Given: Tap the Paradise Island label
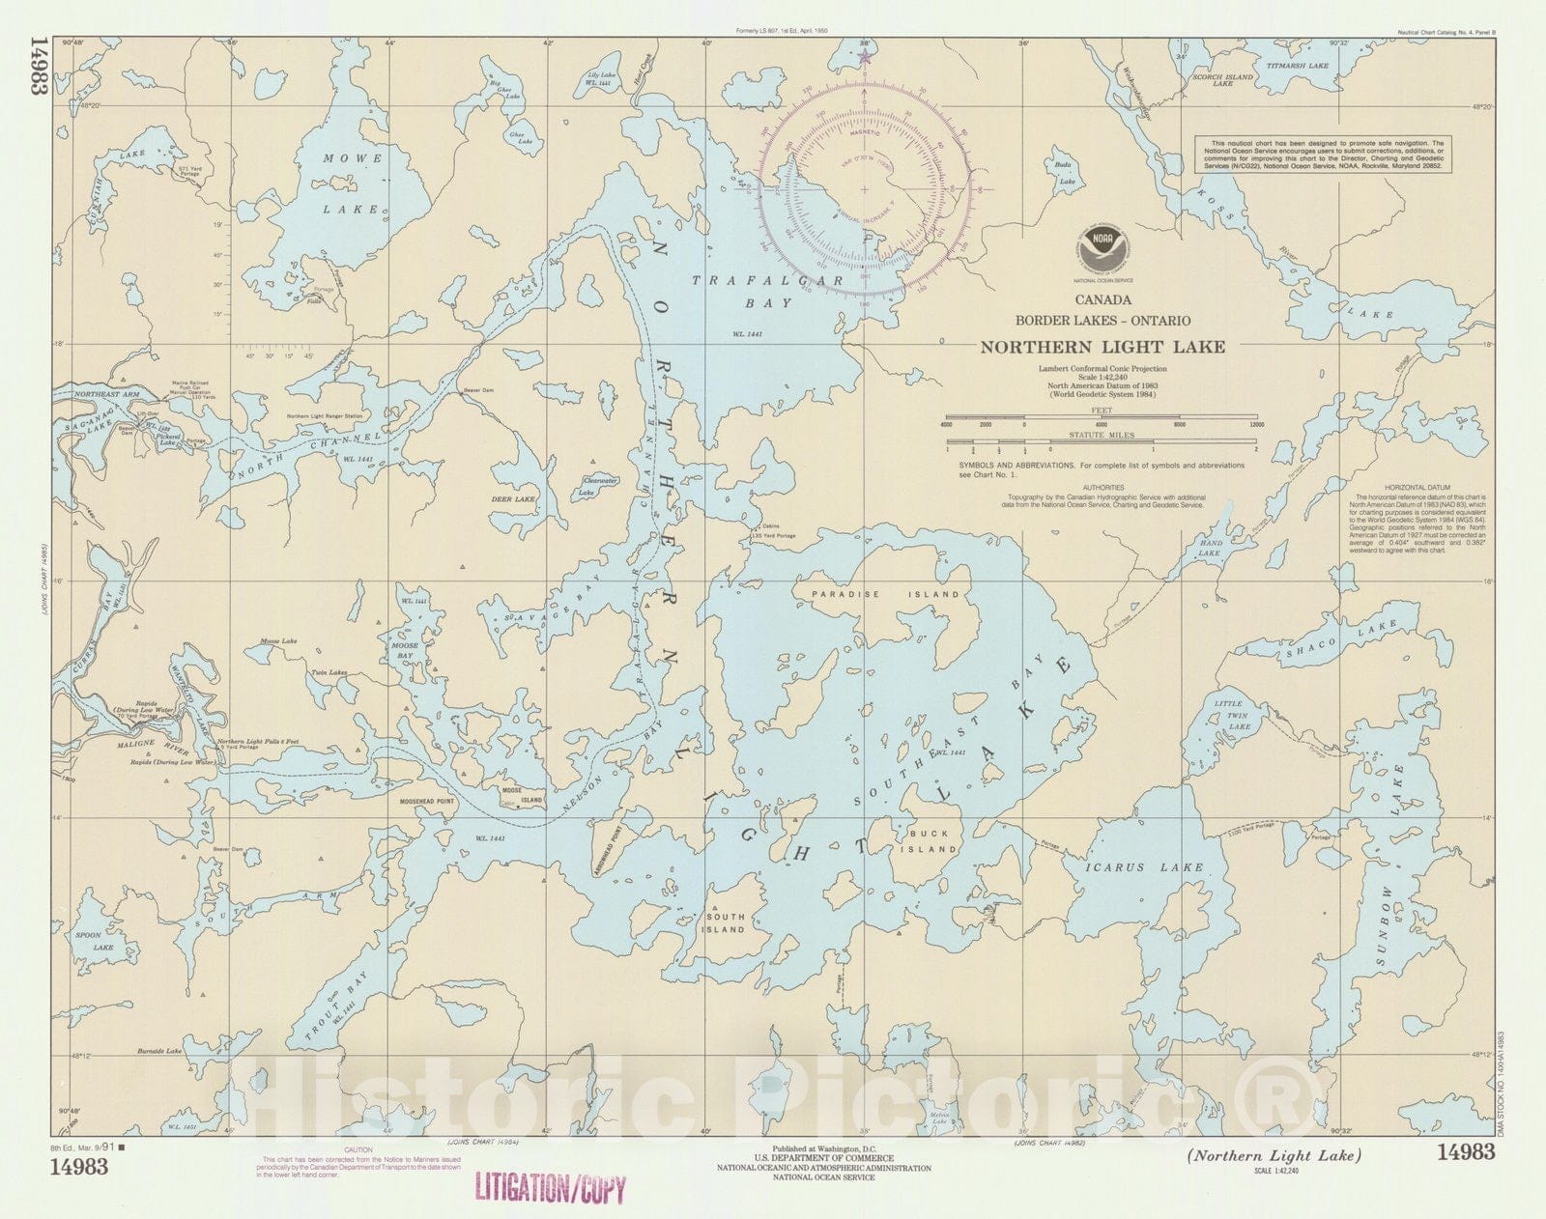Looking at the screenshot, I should point(885,594).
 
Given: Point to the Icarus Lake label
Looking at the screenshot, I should point(1144,867).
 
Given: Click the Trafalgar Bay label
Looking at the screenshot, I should point(769,291).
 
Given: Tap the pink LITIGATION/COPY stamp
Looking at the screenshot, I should point(549,1187).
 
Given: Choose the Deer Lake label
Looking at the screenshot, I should point(513,499).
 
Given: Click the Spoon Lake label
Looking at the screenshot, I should point(102,941).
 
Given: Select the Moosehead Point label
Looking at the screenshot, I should point(427,802).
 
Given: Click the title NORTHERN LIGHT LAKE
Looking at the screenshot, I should point(1102,347).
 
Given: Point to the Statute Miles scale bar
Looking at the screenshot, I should point(1102,448).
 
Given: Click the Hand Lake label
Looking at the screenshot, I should point(1211,548).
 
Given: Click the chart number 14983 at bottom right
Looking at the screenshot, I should point(1466,1151).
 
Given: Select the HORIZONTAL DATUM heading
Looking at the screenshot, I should point(1413,487).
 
